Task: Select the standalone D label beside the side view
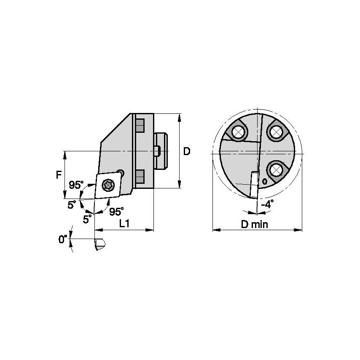(186, 151)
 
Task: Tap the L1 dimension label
(124, 223)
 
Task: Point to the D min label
(255, 224)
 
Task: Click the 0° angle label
(63, 239)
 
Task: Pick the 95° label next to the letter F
(76, 185)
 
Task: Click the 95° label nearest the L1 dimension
(116, 210)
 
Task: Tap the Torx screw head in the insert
(109, 184)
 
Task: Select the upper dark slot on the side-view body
(140, 125)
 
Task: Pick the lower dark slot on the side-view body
(140, 175)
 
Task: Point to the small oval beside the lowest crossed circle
(264, 182)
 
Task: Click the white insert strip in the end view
(254, 184)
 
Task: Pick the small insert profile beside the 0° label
(100, 244)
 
